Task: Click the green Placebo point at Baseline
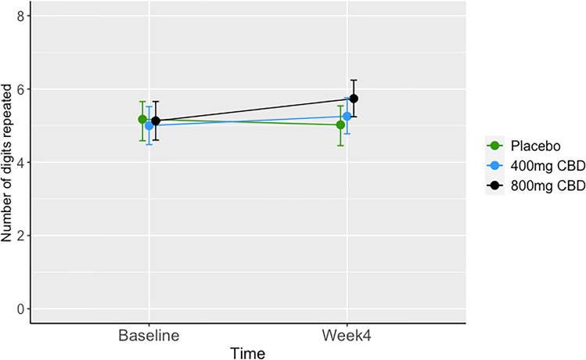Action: coord(142,120)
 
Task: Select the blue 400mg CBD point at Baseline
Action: coord(149,125)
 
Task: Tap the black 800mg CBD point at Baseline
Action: coord(156,121)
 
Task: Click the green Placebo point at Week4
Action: coord(340,124)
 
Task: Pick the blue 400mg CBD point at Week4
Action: coord(347,116)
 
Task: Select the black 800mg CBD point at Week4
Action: coord(354,99)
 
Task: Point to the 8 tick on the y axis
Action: coord(26,16)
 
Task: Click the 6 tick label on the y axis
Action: coord(26,89)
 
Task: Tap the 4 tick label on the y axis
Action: coord(26,162)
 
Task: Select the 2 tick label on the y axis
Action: coord(26,236)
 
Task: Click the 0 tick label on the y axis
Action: coord(26,308)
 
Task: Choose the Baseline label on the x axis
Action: coord(149,336)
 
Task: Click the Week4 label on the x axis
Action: coord(347,336)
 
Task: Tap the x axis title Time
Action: coord(248,352)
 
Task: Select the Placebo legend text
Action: coord(532,146)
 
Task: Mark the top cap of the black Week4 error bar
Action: coord(354,80)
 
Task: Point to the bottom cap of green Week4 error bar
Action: coord(340,146)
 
